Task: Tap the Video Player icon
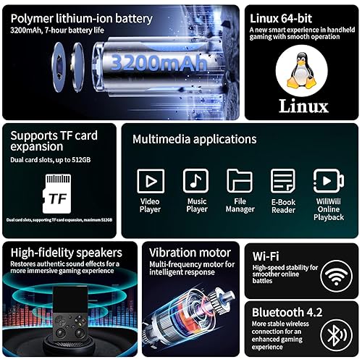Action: pyautogui.click(x=151, y=180)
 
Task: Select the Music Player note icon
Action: pyautogui.click(x=195, y=180)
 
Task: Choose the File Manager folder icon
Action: pyautogui.click(x=240, y=180)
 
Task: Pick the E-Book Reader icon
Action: pyautogui.click(x=283, y=180)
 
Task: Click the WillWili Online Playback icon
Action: pyautogui.click(x=328, y=180)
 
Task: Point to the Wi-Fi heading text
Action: pyautogui.click(x=266, y=255)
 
